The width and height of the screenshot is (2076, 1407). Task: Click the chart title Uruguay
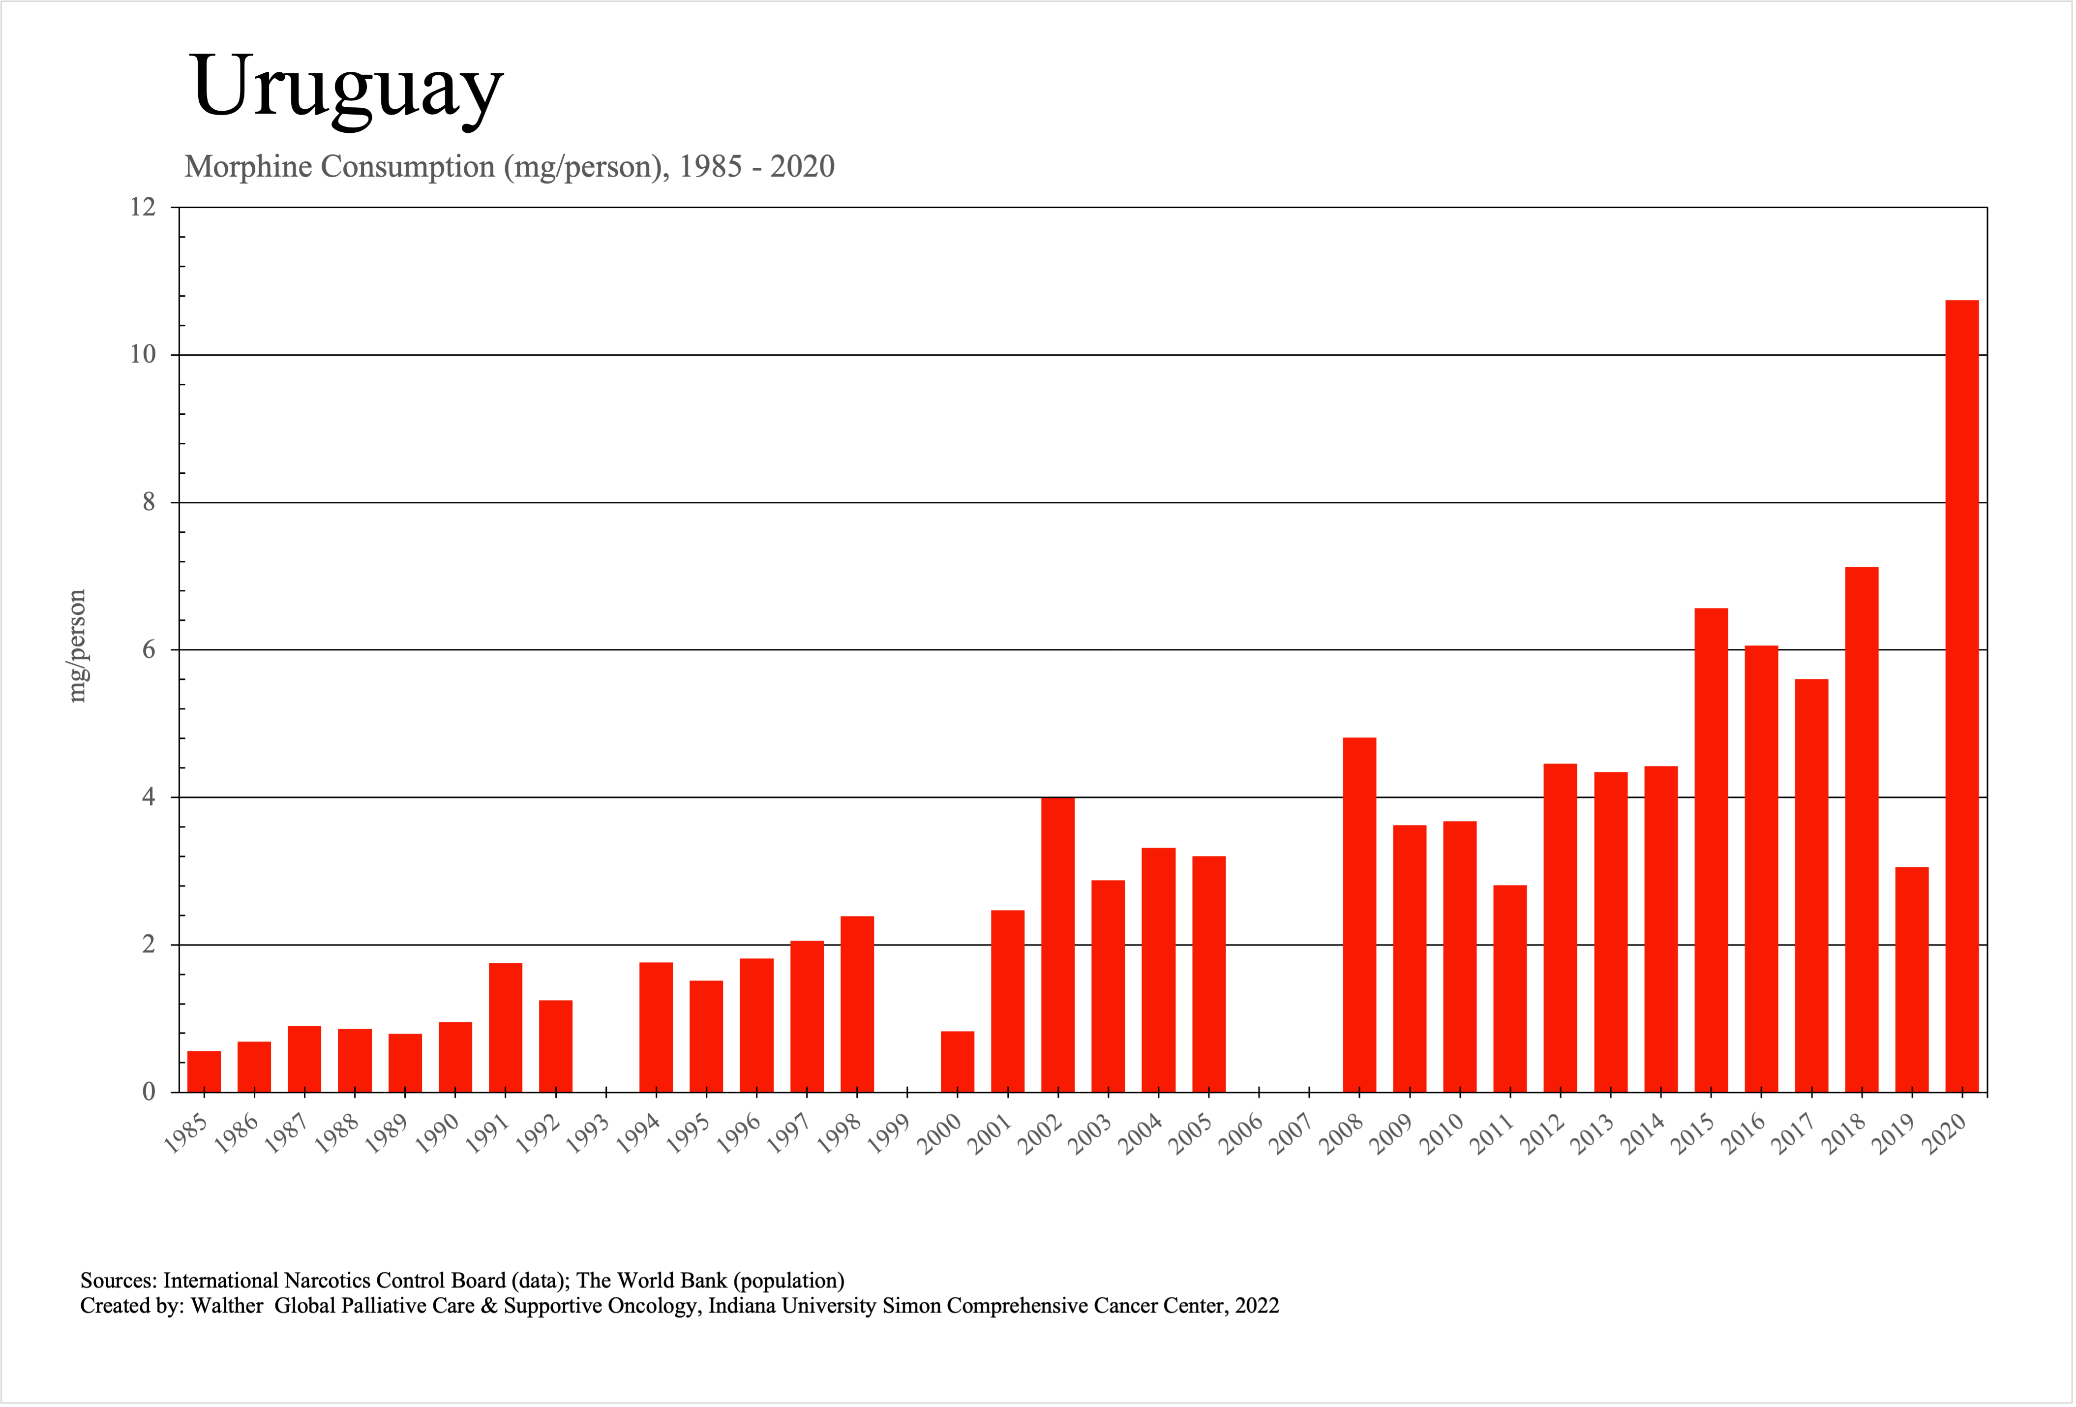pyautogui.click(x=347, y=87)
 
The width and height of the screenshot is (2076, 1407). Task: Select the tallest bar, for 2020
pyautogui.click(x=1962, y=697)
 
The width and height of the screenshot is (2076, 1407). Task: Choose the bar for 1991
pyautogui.click(x=506, y=1027)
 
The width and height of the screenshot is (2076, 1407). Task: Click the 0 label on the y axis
pyautogui.click(x=149, y=1092)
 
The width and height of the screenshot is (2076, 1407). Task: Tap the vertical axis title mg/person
pyautogui.click(x=78, y=646)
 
